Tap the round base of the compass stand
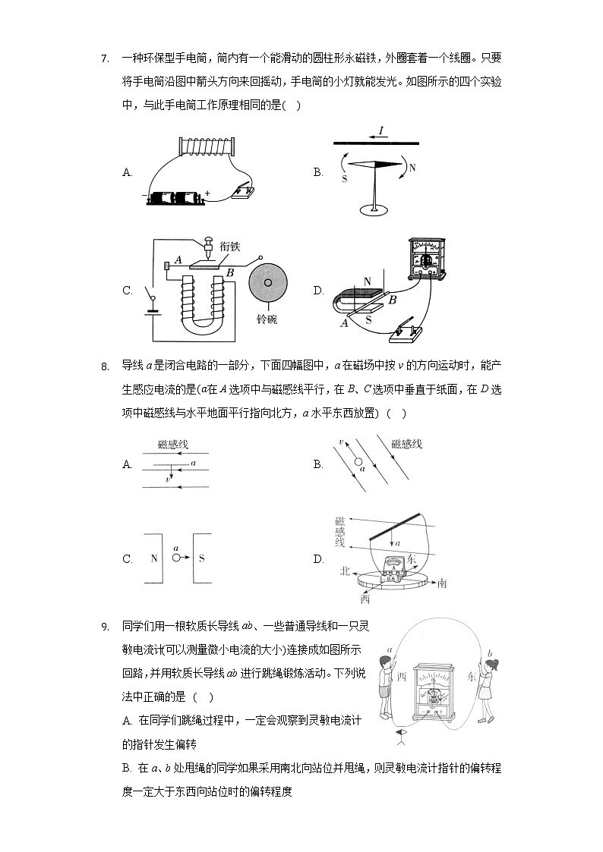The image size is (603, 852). pyautogui.click(x=374, y=209)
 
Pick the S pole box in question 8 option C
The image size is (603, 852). pyautogui.click(x=202, y=558)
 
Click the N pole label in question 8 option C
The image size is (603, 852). pyautogui.click(x=153, y=558)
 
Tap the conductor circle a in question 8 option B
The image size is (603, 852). pyautogui.click(x=357, y=461)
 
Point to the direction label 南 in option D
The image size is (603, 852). pyautogui.click(x=442, y=583)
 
